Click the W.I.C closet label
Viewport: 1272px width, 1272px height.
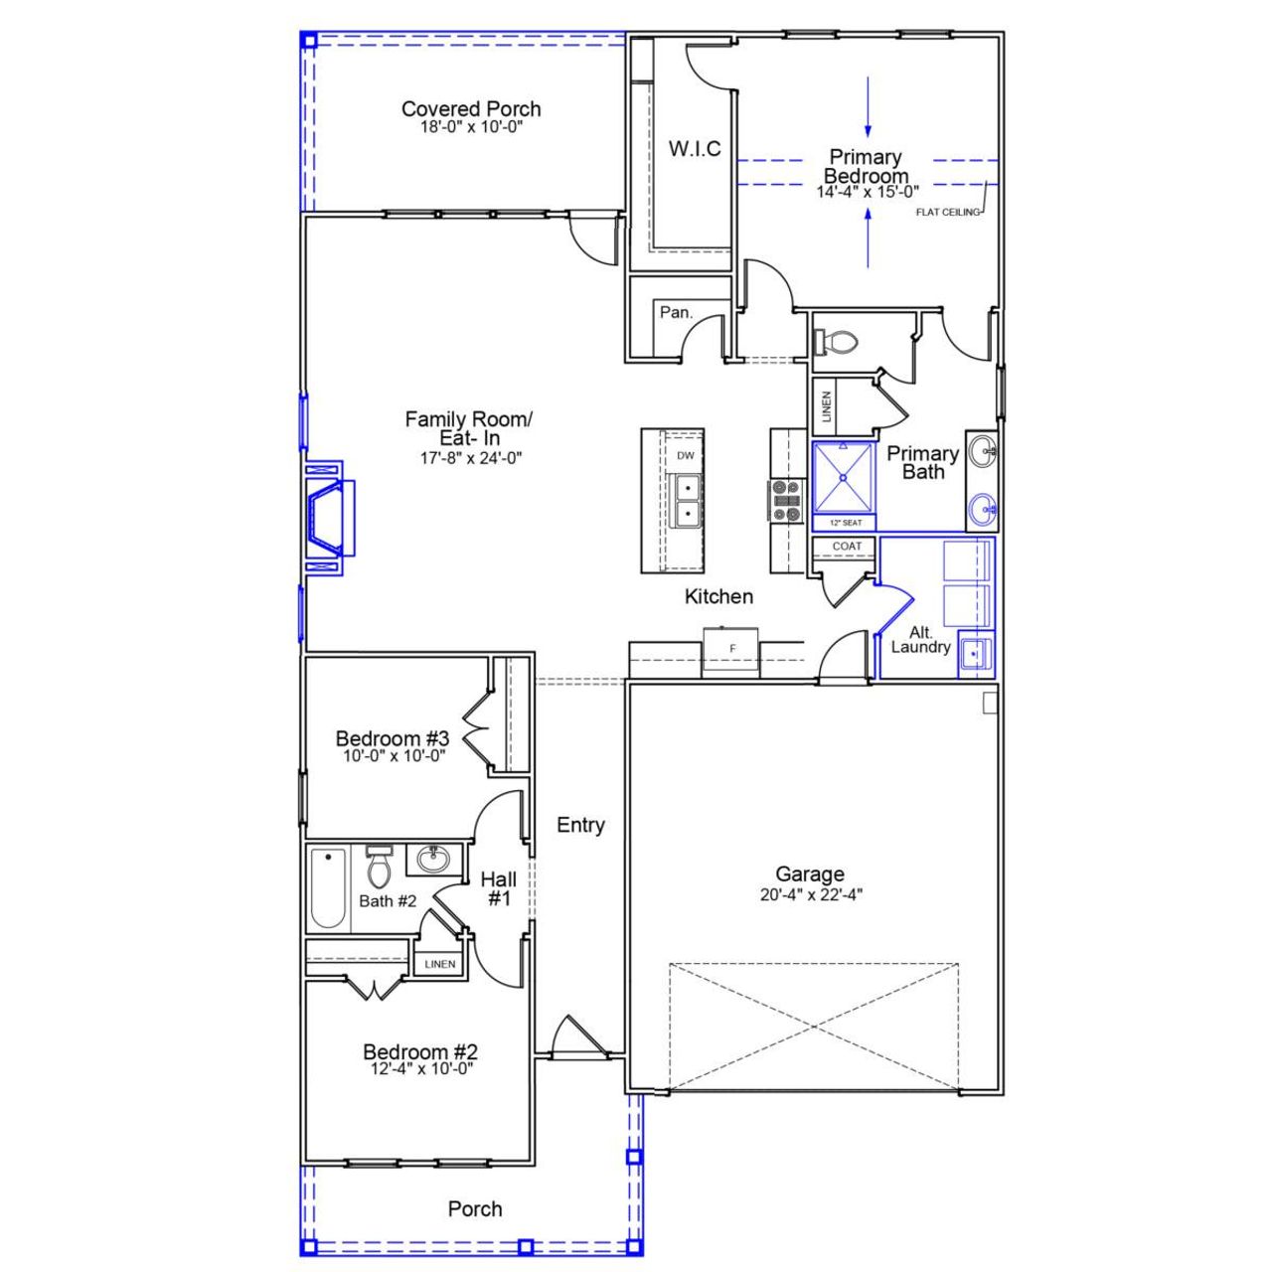click(x=695, y=149)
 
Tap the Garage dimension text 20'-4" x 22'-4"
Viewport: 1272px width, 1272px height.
click(x=810, y=893)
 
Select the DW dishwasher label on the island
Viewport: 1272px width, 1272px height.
click(x=686, y=455)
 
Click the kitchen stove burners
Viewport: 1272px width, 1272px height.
click(x=786, y=501)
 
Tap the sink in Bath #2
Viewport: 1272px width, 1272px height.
click(x=432, y=858)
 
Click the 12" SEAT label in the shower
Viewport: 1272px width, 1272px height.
click(x=845, y=523)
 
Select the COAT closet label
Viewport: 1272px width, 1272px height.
click(x=847, y=547)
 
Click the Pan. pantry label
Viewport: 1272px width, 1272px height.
click(x=677, y=312)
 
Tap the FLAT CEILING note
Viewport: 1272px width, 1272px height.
click(x=948, y=212)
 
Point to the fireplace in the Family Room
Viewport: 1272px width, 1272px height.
click(x=326, y=519)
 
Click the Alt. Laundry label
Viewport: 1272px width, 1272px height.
click(x=920, y=639)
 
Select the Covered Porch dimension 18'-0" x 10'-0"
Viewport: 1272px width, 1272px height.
click(x=471, y=127)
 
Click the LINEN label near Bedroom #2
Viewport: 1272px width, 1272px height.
click(x=440, y=964)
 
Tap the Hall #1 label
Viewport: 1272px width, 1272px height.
click(x=498, y=888)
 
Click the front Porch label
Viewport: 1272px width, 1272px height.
click(x=475, y=1208)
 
